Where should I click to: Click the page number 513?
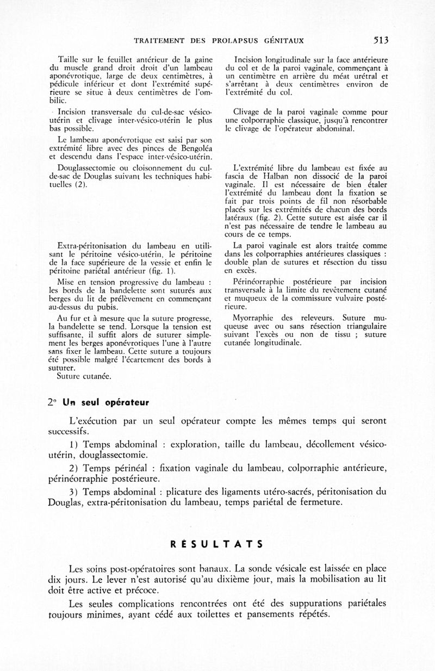(x=381, y=40)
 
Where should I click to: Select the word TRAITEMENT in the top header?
(x=153, y=40)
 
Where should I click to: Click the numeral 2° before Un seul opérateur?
(x=52, y=403)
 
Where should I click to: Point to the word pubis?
(x=100, y=307)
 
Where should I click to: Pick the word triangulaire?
(x=364, y=326)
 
